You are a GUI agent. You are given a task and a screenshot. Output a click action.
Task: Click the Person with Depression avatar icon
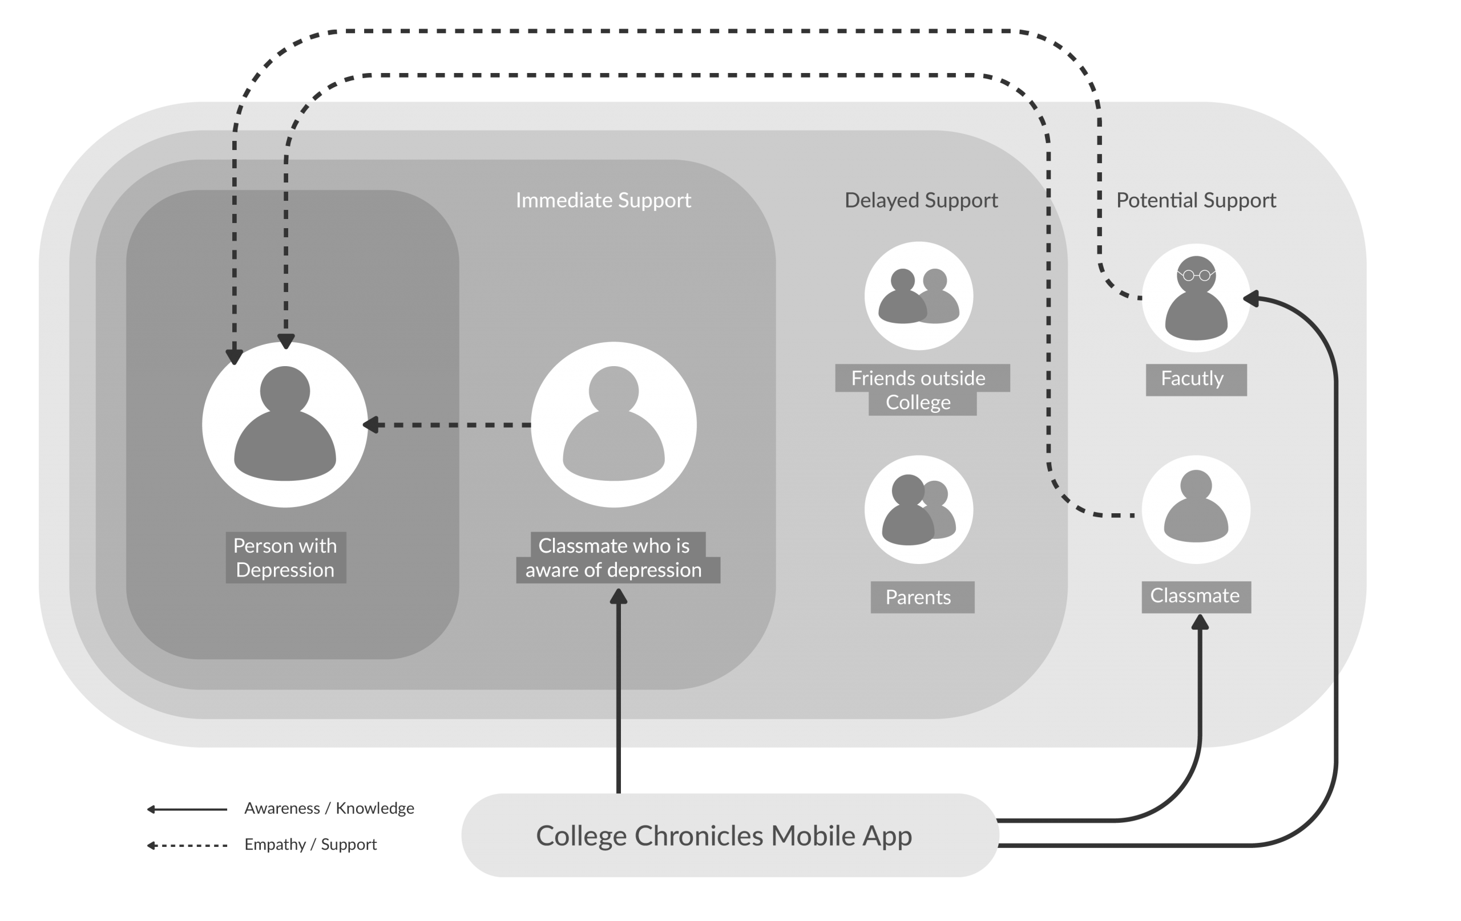285,424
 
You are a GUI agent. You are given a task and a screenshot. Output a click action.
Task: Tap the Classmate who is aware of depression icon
614,424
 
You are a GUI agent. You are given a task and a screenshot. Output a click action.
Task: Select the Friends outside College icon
919,296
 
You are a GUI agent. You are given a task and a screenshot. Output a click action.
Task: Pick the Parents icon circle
919,509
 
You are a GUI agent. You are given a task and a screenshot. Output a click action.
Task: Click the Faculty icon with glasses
1196,298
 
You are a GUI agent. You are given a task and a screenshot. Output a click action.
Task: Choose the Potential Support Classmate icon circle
1196,509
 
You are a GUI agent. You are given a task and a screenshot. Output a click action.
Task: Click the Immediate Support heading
603,200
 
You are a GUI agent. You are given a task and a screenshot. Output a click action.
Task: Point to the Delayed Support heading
921,200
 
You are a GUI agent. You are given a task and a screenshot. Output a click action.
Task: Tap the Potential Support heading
1196,200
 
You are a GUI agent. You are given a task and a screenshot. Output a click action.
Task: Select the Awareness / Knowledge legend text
329,808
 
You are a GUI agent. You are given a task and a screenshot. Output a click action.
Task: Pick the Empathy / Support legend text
310,845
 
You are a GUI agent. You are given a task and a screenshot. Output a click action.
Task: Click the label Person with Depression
285,558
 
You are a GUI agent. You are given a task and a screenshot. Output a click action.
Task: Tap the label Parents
918,597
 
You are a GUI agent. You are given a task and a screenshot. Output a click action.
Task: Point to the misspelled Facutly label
1192,379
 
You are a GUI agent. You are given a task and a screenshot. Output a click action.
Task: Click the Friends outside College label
918,390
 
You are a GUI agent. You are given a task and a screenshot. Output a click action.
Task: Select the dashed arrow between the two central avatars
449,424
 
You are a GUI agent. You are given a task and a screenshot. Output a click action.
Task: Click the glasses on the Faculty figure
1196,275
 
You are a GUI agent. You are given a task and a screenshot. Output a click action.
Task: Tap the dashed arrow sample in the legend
187,845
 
